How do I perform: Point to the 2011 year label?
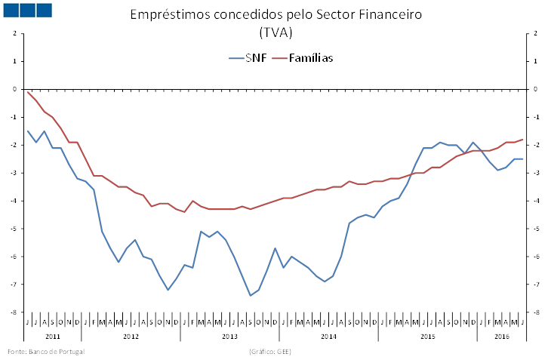pyautogui.click(x=53, y=335)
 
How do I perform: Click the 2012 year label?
pyautogui.click(x=131, y=335)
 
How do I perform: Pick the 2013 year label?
pyautogui.click(x=229, y=335)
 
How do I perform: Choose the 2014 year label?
pyautogui.click(x=328, y=335)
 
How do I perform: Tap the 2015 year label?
pyautogui.click(x=427, y=335)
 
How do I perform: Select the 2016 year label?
pyautogui.click(x=502, y=335)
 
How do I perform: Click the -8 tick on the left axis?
pyautogui.click(x=14, y=312)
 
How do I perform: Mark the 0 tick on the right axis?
pyautogui.click(x=535, y=89)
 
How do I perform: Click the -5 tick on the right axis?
pyautogui.click(x=535, y=229)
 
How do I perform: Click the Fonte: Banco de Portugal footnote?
pyautogui.click(x=46, y=352)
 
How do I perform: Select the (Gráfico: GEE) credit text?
pyautogui.click(x=269, y=352)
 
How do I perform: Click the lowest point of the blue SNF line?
pyautogui.click(x=251, y=295)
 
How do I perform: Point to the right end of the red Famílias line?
pyautogui.click(x=522, y=139)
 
